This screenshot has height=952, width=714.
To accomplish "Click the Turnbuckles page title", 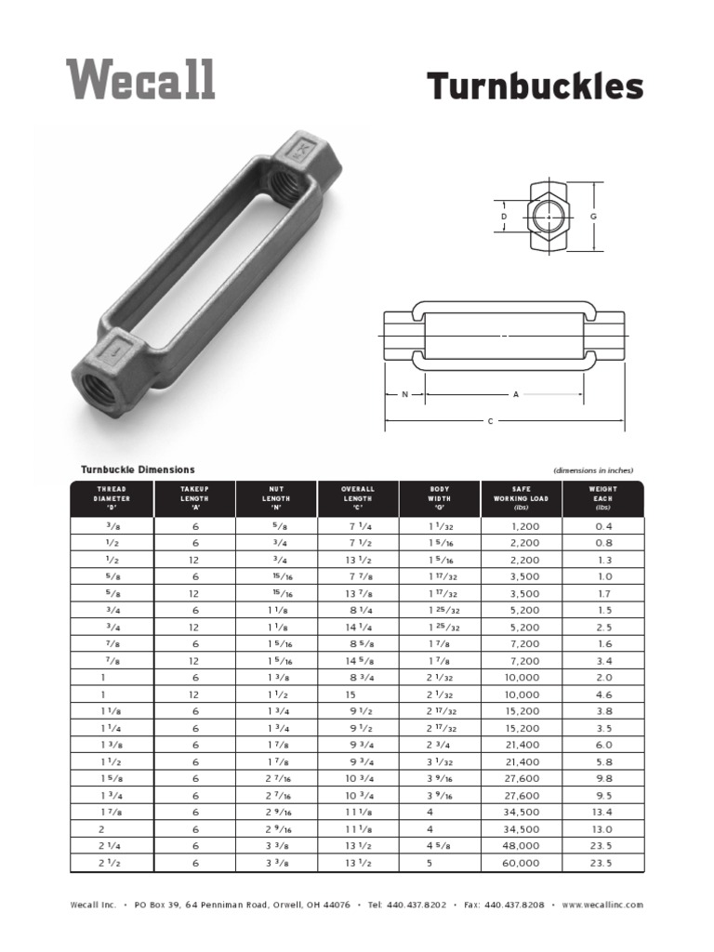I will [x=535, y=87].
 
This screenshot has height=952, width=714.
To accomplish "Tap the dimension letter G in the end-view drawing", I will [x=592, y=217].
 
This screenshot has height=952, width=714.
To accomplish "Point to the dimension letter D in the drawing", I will [x=504, y=217].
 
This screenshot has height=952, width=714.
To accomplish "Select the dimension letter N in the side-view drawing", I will [x=405, y=394].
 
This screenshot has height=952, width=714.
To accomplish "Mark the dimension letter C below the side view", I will [x=490, y=421].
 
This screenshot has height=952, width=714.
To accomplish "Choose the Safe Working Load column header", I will [x=522, y=498].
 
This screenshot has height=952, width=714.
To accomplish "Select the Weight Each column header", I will [x=602, y=498].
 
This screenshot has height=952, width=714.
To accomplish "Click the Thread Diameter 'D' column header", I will [x=112, y=498].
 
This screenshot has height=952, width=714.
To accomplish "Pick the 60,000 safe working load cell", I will [x=521, y=863].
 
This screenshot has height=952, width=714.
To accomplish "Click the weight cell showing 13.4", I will [x=602, y=812].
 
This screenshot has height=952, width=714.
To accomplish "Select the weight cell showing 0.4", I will [x=603, y=525].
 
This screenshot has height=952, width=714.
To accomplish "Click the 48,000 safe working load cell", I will [x=521, y=846].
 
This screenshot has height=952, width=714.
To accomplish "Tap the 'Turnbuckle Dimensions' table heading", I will [x=138, y=469].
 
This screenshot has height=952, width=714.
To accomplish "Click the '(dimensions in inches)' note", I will [x=592, y=470].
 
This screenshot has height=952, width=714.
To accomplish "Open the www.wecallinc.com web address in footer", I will [x=602, y=905].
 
